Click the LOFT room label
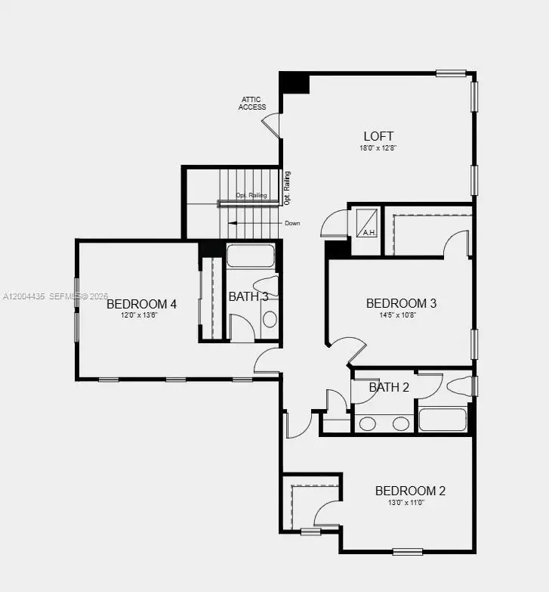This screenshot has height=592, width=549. pyautogui.click(x=378, y=136)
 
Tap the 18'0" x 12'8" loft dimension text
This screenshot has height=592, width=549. pyautogui.click(x=378, y=148)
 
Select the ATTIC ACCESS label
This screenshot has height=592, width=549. pyautogui.click(x=252, y=104)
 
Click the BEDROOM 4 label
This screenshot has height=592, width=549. pyautogui.click(x=141, y=304)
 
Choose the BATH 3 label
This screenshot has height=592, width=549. pyautogui.click(x=248, y=296)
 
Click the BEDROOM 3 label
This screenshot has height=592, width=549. pyautogui.click(x=401, y=303)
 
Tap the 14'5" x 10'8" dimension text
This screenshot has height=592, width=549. pyautogui.click(x=401, y=315)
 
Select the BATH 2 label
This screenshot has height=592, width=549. pyautogui.click(x=389, y=388)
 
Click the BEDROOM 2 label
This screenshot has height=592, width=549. pyautogui.click(x=410, y=491)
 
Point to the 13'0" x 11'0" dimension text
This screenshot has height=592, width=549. pyautogui.click(x=410, y=503)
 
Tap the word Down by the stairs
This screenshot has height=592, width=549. pyautogui.click(x=293, y=224)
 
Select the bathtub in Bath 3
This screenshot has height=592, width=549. pyautogui.click(x=251, y=256)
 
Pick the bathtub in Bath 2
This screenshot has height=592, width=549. pyautogui.click(x=443, y=420)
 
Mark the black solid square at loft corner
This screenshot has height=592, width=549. pyautogui.click(x=295, y=82)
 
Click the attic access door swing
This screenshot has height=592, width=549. pyautogui.click(x=272, y=125)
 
